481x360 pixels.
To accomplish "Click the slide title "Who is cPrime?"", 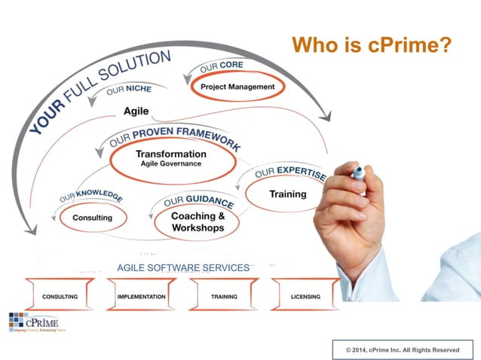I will coord(371,45).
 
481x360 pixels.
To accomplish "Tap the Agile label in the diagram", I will coord(136,111).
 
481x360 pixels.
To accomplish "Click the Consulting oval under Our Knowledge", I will coord(92,218).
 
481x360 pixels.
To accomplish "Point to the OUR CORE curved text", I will coord(222,66).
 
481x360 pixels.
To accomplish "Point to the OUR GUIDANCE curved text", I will coord(198,200).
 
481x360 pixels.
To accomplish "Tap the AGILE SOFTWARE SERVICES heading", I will coord(183,268).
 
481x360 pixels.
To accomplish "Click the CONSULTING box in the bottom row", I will coord(60,297).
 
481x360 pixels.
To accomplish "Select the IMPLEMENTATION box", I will coord(142,297).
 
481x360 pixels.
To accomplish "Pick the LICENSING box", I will coord(305,297).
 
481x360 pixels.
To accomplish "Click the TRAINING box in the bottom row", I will coord(224,297).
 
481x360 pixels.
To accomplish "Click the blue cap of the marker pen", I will coord(359,172).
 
